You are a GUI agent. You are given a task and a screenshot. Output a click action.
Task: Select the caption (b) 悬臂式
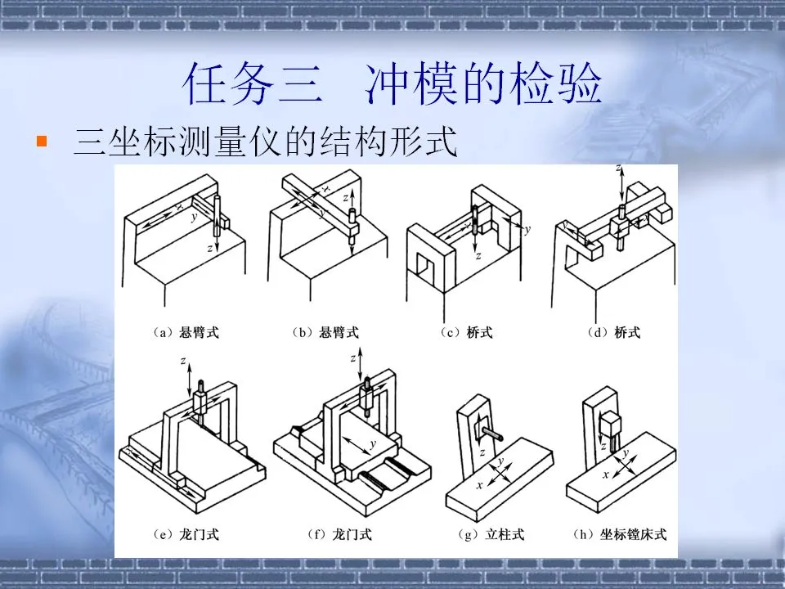[325, 333]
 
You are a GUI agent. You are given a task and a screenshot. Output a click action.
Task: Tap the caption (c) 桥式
[467, 333]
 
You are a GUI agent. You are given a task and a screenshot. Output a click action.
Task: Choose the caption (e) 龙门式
[186, 535]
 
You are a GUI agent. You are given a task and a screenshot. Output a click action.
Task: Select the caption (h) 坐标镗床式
[621, 535]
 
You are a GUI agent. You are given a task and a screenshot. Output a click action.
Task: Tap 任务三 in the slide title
[249, 84]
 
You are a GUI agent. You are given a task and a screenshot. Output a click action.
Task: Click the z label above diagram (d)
[619, 169]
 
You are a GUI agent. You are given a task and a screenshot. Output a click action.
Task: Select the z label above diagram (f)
[352, 358]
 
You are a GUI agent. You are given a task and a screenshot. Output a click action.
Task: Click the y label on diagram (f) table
[372, 444]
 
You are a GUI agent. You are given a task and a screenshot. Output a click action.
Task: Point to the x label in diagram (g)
[479, 485]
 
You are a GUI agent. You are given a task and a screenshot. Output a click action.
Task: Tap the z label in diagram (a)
[211, 246]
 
